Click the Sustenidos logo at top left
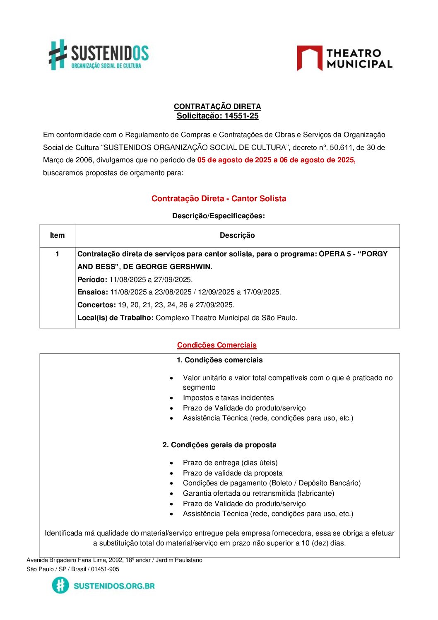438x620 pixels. (99, 55)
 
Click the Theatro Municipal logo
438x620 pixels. (344, 58)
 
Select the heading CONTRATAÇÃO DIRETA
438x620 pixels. (217, 106)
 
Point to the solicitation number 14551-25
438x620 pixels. (241, 116)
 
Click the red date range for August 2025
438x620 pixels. (276, 160)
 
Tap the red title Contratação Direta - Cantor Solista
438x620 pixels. (219, 198)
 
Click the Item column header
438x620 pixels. (57, 235)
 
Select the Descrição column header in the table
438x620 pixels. (237, 235)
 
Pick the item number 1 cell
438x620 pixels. (57, 254)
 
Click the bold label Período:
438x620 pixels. (92, 280)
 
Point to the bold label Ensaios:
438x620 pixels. (93, 292)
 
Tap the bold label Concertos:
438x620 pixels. (96, 305)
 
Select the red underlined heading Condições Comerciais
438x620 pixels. (217, 345)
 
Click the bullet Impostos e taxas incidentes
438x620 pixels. (228, 398)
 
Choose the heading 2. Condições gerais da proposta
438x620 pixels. (219, 445)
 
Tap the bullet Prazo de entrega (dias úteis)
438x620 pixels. (230, 463)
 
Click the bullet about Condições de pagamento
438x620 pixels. (272, 483)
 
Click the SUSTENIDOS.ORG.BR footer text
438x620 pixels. (114, 586)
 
